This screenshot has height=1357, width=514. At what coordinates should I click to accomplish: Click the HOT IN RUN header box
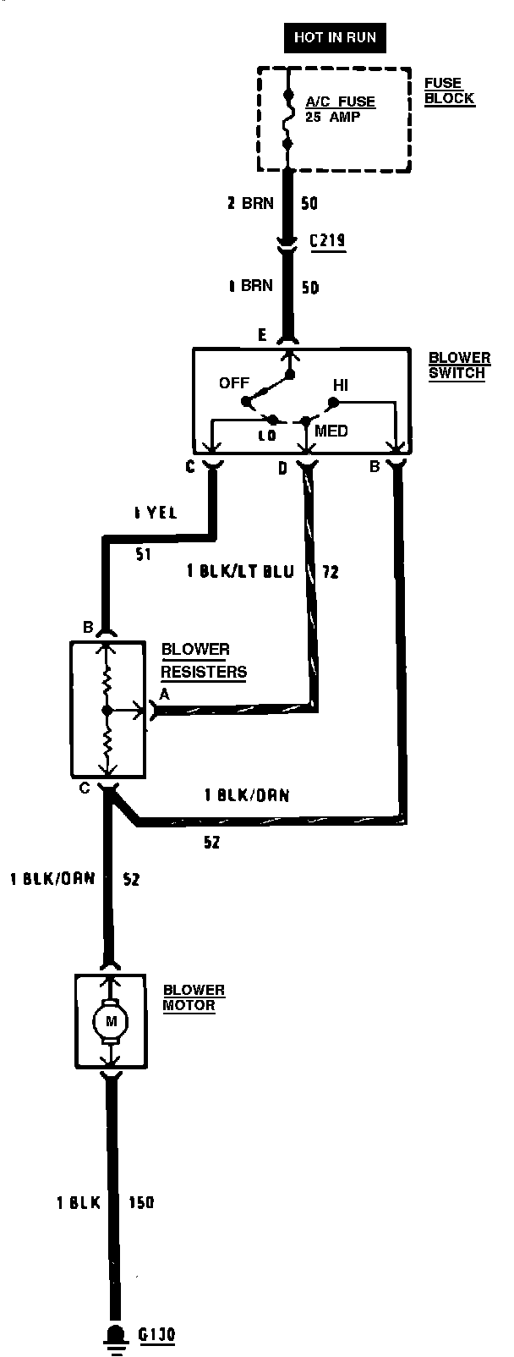[335, 37]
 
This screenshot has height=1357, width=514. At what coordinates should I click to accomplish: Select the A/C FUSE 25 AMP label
[340, 109]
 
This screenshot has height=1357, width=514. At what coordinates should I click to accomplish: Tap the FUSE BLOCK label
[449, 91]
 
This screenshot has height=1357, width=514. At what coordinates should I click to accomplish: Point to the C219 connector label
[327, 241]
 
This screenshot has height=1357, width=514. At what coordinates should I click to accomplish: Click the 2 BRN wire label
[250, 204]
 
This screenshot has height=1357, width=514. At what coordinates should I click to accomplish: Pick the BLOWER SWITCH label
[458, 365]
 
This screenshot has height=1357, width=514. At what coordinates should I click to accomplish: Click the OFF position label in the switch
[234, 382]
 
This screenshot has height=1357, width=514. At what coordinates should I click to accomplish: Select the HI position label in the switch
[341, 385]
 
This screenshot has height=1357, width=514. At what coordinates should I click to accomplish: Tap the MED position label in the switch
[331, 431]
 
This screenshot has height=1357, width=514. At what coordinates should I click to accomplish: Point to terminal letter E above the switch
[262, 336]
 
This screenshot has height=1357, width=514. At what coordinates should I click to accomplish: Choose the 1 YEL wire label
[155, 513]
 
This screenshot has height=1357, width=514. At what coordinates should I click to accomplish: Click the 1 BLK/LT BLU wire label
[240, 572]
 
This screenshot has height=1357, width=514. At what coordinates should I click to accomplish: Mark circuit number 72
[331, 572]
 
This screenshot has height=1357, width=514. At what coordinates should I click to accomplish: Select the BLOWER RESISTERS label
[204, 661]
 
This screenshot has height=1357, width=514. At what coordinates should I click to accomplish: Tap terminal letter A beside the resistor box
[165, 695]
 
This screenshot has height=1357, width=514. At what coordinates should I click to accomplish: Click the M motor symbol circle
[109, 1021]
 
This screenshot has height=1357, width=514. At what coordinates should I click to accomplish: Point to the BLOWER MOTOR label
[194, 997]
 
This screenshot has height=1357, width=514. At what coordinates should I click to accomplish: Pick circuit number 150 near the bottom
[141, 1202]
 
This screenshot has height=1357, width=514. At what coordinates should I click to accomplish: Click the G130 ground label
[156, 1335]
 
